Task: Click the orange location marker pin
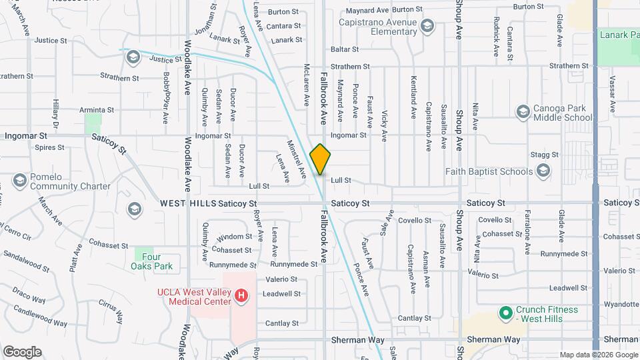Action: pyautogui.click(x=320, y=159)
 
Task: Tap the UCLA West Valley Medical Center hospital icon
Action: pyautogui.click(x=242, y=294)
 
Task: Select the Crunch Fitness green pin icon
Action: pyautogui.click(x=505, y=312)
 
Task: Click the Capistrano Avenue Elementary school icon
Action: pyautogui.click(x=427, y=27)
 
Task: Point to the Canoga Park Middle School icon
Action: pyautogui.click(x=523, y=111)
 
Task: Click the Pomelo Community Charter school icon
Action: pyautogui.click(x=19, y=180)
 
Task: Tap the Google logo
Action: pyautogui.click(x=22, y=352)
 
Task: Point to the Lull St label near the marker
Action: pyautogui.click(x=341, y=180)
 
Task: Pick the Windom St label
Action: pyautogui.click(x=234, y=237)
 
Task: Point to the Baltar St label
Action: pyautogui.click(x=345, y=49)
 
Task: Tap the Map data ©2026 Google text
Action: pyautogui.click(x=597, y=355)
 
